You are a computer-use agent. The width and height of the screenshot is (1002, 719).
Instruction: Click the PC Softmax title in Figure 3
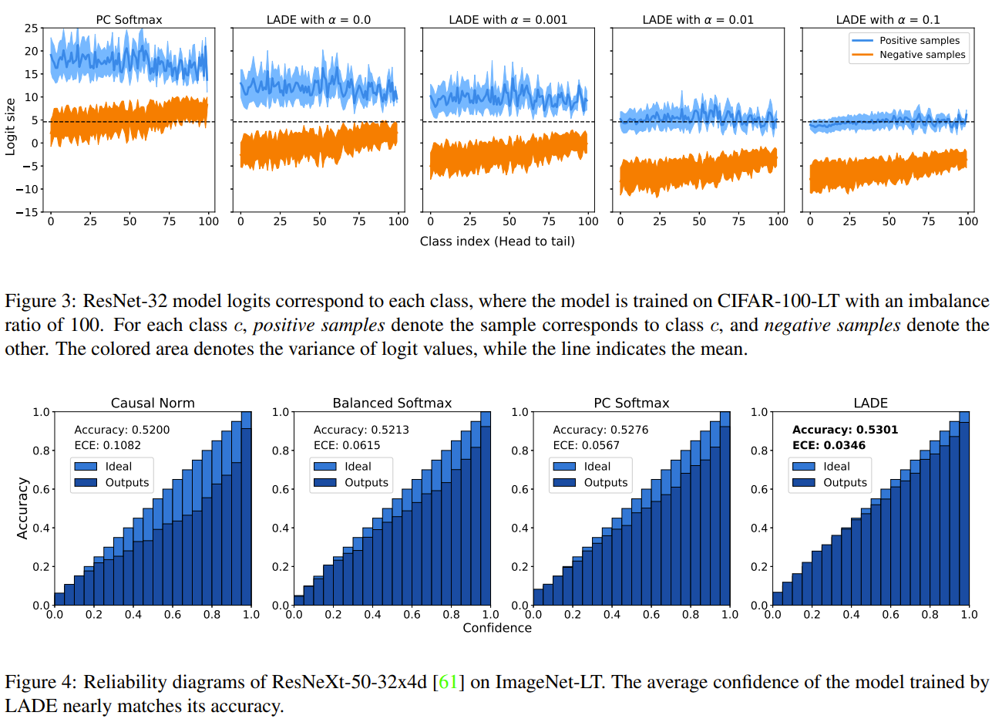129,19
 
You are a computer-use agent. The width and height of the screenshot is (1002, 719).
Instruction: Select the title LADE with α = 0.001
508,19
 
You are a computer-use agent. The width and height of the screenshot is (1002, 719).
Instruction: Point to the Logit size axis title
10,127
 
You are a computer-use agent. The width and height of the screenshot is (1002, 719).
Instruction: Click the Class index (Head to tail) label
497,241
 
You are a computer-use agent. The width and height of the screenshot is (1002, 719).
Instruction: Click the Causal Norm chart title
153,403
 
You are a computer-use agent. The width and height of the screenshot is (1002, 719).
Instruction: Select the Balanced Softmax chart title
392,403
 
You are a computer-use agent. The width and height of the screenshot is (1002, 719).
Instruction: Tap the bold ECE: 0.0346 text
829,445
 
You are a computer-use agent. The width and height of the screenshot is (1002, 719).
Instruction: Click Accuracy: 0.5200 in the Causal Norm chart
122,430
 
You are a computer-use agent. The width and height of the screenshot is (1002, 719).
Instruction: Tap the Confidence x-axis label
497,628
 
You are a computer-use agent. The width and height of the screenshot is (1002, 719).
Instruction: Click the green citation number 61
448,682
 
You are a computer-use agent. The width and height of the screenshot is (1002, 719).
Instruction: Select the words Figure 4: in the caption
40,682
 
